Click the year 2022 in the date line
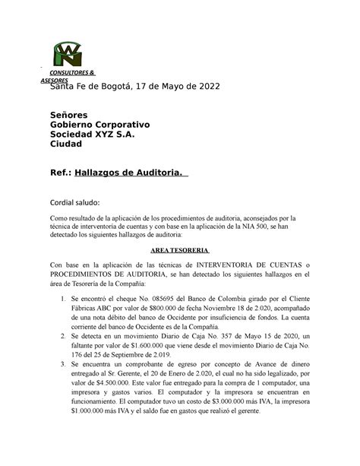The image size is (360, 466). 204,87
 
